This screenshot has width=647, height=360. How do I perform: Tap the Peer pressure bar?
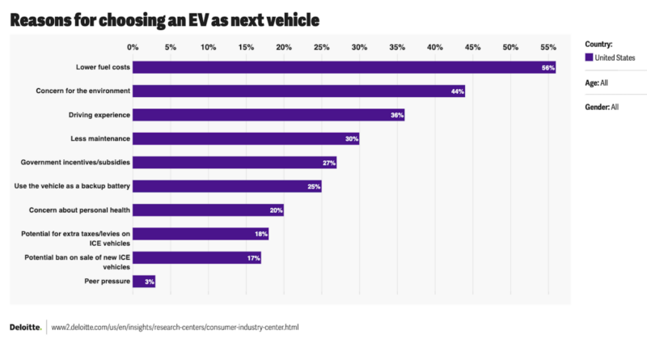(144, 282)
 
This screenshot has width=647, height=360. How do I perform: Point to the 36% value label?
(396, 116)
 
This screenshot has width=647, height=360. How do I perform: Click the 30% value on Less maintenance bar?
(351, 139)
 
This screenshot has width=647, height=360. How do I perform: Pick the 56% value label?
(548, 68)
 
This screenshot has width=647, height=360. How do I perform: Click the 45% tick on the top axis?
(472, 47)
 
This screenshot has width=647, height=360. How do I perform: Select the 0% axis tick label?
(133, 47)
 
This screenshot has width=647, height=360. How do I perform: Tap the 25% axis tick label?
(321, 47)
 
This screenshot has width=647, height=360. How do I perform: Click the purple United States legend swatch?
(589, 57)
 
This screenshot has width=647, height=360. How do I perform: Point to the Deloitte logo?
(25, 328)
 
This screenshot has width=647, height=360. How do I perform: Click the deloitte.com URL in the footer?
(175, 328)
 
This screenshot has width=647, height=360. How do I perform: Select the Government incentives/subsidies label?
(75, 163)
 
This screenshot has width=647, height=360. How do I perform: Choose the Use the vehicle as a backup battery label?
(73, 186)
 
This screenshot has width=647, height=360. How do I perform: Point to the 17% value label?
(253, 258)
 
